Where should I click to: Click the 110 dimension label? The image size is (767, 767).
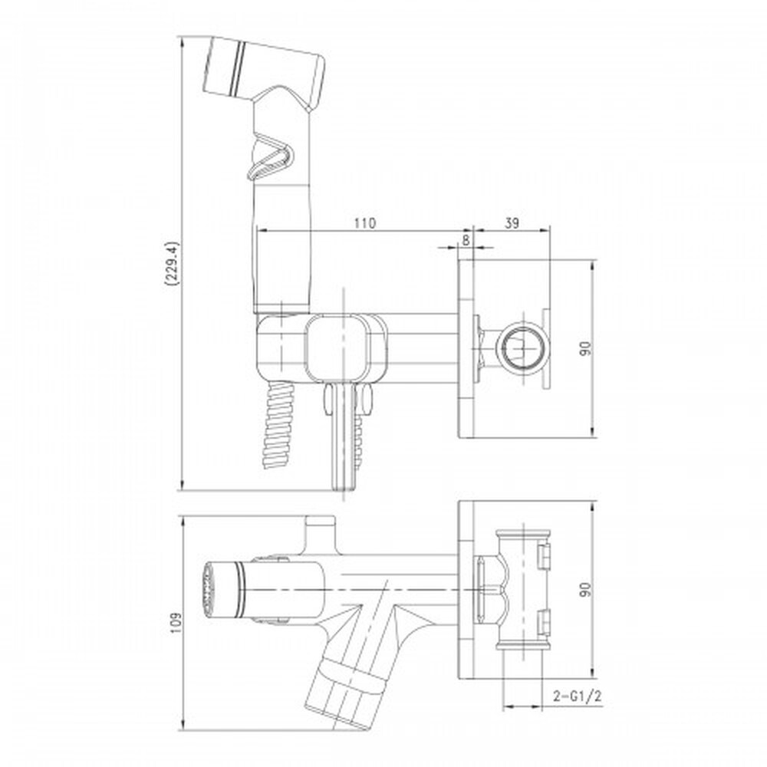[x=365, y=223]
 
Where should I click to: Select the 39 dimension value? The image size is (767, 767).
[x=511, y=223]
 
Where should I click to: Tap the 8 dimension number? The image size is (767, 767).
[x=466, y=239]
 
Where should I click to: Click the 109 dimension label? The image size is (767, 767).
[x=175, y=623]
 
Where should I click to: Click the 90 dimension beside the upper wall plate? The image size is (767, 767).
[x=585, y=348]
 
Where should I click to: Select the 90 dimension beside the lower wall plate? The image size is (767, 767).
[x=585, y=589]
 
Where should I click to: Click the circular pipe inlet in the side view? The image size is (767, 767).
[x=522, y=347]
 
